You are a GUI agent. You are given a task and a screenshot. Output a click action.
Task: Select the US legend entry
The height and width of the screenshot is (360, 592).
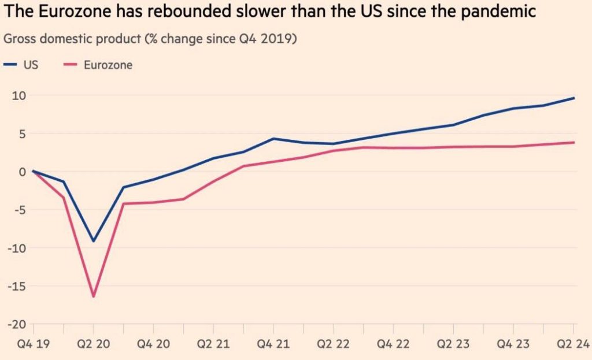(x=21, y=65)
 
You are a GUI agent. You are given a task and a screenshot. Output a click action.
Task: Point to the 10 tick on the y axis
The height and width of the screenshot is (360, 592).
(x=19, y=95)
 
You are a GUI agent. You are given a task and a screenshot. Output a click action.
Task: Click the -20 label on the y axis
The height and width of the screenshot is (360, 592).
(x=17, y=325)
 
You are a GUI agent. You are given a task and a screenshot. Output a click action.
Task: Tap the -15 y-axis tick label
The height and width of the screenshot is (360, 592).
(x=17, y=287)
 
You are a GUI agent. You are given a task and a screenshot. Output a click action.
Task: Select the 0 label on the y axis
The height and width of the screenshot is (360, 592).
(x=23, y=172)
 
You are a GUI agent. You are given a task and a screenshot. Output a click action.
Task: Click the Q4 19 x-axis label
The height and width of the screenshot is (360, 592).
(x=34, y=344)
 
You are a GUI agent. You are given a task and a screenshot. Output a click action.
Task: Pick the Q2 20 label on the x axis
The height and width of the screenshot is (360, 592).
(x=94, y=344)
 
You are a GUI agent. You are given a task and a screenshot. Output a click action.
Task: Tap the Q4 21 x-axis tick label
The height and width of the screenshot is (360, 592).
(x=273, y=344)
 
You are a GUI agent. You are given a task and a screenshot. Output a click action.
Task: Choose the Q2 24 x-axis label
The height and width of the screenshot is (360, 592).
(x=573, y=344)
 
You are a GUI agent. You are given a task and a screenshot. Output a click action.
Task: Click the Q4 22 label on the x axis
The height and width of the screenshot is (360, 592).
(x=393, y=344)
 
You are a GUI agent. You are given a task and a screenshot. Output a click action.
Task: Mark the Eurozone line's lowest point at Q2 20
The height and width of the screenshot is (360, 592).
(x=94, y=296)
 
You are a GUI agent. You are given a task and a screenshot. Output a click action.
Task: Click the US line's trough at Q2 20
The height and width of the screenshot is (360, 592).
(x=94, y=241)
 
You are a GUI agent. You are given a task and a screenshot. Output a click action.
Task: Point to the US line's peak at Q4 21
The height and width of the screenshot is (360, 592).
(x=273, y=139)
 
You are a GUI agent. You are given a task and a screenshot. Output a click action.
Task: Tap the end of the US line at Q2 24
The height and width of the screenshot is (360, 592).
(x=574, y=98)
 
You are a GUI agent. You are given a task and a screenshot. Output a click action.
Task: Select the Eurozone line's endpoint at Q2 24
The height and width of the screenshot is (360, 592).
(x=574, y=142)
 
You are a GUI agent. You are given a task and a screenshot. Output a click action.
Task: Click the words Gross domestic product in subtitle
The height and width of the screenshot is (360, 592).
(x=72, y=39)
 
